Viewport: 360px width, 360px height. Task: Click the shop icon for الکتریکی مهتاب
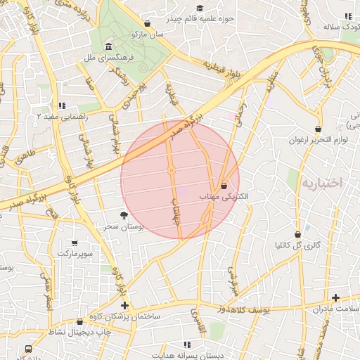pyautogui.click(x=224, y=186)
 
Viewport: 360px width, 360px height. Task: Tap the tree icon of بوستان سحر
pyautogui.click(x=124, y=215)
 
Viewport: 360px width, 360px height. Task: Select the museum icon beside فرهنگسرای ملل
pyautogui.click(x=108, y=47)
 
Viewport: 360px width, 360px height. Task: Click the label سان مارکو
pyautogui.click(x=147, y=33)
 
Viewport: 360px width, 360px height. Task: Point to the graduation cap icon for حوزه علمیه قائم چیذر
pyautogui.click(x=200, y=8)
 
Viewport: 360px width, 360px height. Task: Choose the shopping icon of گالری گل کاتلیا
pyautogui.click(x=297, y=234)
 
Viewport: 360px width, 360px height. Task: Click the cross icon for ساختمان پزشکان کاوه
pyautogui.click(x=124, y=305)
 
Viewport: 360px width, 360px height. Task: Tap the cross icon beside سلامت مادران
pyautogui.click(x=335, y=298)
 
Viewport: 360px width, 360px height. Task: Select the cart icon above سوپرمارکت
pyautogui.click(x=75, y=242)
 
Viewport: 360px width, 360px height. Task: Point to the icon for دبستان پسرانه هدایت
pyautogui.click(x=187, y=345)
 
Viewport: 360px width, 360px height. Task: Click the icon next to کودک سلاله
pyautogui.click(x=346, y=16)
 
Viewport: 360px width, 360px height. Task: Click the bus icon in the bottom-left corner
pyautogui.click(x=28, y=349)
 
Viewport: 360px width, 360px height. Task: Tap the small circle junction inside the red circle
pyautogui.click(x=171, y=170)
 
